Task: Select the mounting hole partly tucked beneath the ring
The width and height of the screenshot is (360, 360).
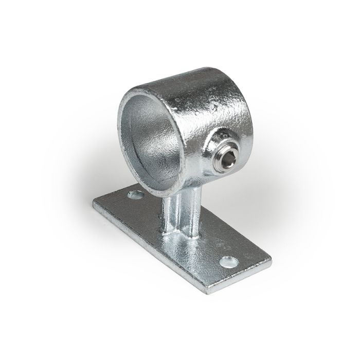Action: click(136, 195)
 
